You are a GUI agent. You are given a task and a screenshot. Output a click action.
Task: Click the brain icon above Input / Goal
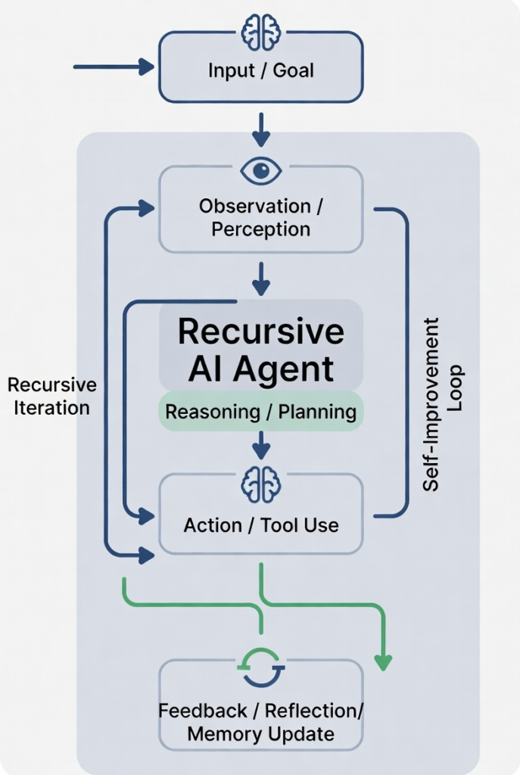pos(261,33)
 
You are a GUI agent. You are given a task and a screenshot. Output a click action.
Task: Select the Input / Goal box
pos(260,71)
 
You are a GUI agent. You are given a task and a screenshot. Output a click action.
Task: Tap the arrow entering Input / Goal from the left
pos(114,67)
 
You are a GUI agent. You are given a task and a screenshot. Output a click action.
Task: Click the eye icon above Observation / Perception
pos(261,170)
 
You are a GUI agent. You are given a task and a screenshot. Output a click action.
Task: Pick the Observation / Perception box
pos(260,217)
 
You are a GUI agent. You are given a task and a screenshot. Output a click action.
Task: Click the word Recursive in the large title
pos(260,331)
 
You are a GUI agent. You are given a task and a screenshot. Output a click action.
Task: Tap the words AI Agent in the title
pos(260,369)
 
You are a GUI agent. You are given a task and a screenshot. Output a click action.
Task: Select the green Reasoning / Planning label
pos(260,412)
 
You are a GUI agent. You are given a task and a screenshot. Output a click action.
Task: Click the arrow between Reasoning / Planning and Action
pos(261,445)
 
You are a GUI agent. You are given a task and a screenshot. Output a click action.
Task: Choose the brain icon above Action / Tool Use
pos(261,484)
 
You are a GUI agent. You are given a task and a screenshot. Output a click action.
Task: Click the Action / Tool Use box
pos(260,524)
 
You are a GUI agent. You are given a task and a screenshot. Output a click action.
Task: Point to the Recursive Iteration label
pos(52,396)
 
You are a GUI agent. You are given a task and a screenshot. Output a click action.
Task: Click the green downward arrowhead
pos(384,662)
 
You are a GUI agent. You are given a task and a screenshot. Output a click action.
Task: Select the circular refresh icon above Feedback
pos(261,668)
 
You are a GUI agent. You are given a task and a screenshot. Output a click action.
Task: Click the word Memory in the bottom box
pos(219,733)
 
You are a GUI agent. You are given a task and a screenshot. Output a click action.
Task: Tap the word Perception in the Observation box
pos(260,229)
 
